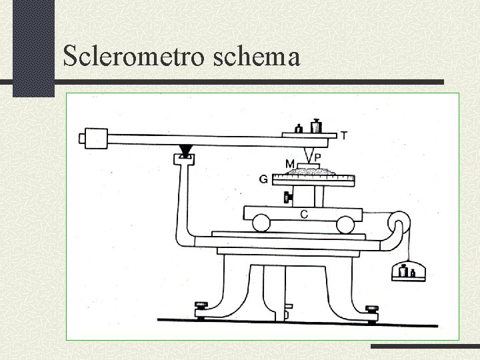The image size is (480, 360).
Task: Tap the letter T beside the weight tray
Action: (343, 136)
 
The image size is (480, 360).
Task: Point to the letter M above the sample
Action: (291, 163)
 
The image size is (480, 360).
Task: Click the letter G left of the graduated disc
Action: (265, 179)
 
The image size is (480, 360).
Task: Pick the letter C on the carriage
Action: (304, 214)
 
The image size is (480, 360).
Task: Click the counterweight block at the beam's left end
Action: (93, 139)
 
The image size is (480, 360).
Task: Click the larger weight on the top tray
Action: (316, 125)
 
